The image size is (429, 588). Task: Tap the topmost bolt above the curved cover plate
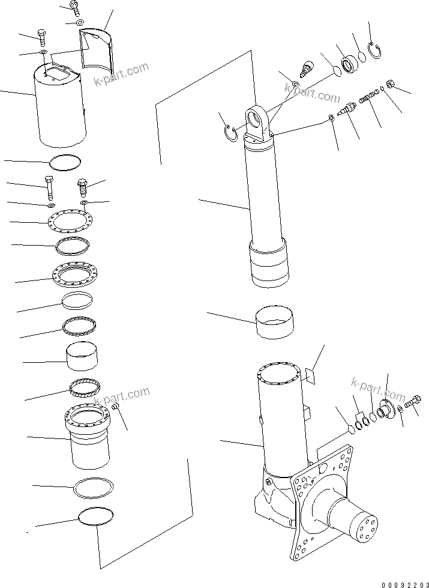click(74, 7)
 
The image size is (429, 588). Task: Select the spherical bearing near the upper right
click(349, 63)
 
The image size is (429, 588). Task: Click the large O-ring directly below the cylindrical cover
click(65, 162)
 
